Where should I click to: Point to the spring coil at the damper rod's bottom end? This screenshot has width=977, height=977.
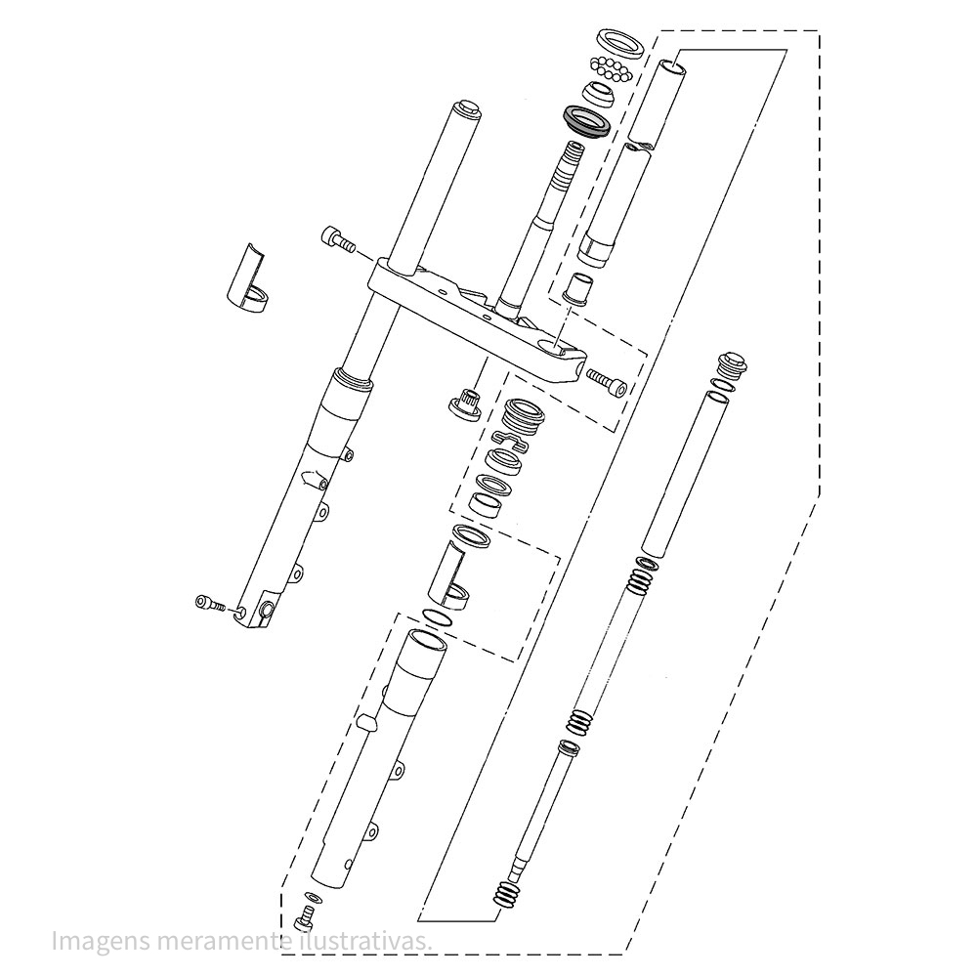506,894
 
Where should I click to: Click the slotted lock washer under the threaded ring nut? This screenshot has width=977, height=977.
510,440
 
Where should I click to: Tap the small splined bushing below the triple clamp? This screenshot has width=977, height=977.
467,405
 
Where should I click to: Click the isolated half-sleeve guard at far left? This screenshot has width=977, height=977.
246,277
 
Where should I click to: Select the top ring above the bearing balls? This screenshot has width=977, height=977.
619,44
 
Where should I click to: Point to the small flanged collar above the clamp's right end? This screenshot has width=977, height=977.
575,289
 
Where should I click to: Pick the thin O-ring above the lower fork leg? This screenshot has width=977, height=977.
438,618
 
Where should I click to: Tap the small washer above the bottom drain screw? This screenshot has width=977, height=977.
313,898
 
